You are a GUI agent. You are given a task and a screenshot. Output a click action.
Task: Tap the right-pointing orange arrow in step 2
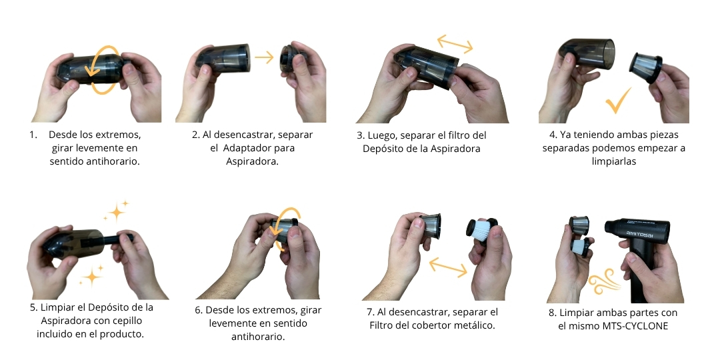click(264, 57)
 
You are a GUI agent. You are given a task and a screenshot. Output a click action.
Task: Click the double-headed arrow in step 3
click(455, 43)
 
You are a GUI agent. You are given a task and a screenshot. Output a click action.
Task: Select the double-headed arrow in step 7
click(448, 267)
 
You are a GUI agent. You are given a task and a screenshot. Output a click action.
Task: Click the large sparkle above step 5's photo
click(117, 212)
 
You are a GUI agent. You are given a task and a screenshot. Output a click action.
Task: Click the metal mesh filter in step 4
click(646, 67)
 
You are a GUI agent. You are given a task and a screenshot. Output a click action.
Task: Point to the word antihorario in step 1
click(113, 161)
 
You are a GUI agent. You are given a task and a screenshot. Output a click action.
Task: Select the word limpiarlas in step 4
click(614, 161)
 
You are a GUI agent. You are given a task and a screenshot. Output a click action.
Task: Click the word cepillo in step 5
click(125, 321)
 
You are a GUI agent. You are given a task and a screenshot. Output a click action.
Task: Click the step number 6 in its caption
click(198, 310)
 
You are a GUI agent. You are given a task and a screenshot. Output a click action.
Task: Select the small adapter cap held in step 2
click(289, 59)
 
